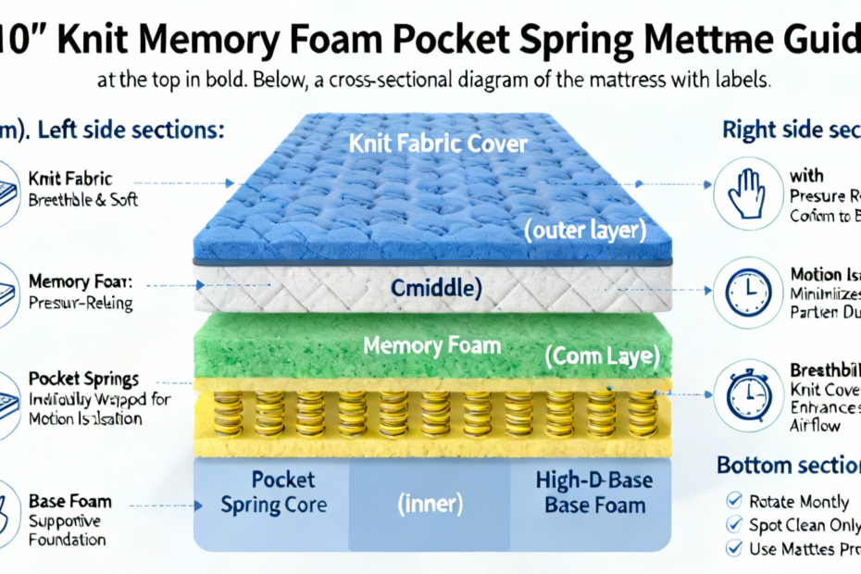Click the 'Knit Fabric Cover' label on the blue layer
438,144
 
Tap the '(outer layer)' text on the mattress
584,231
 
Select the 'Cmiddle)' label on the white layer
436,289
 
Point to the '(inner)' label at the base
430,505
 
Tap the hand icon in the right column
749,191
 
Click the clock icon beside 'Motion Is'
749,292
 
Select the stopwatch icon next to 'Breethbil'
749,392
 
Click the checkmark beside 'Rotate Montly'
734,501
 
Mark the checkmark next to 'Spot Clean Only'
734,524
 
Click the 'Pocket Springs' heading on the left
84,379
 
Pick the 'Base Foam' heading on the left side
70,501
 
